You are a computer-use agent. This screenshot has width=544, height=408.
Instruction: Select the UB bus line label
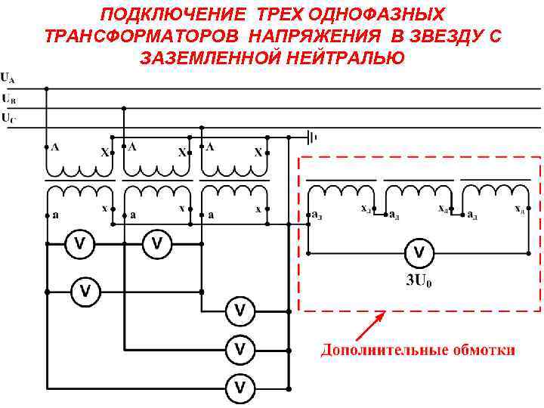point(8,98)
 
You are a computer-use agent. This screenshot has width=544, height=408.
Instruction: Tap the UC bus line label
point(8,118)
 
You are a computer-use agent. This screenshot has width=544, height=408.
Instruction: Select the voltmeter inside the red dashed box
point(420,252)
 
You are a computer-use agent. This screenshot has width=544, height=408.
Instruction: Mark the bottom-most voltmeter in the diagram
point(240,388)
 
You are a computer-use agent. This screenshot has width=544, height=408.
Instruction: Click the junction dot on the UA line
point(47,88)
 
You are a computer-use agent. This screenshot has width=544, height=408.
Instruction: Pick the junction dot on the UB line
point(124,108)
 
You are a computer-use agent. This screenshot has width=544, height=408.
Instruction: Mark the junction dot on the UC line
point(201,128)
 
